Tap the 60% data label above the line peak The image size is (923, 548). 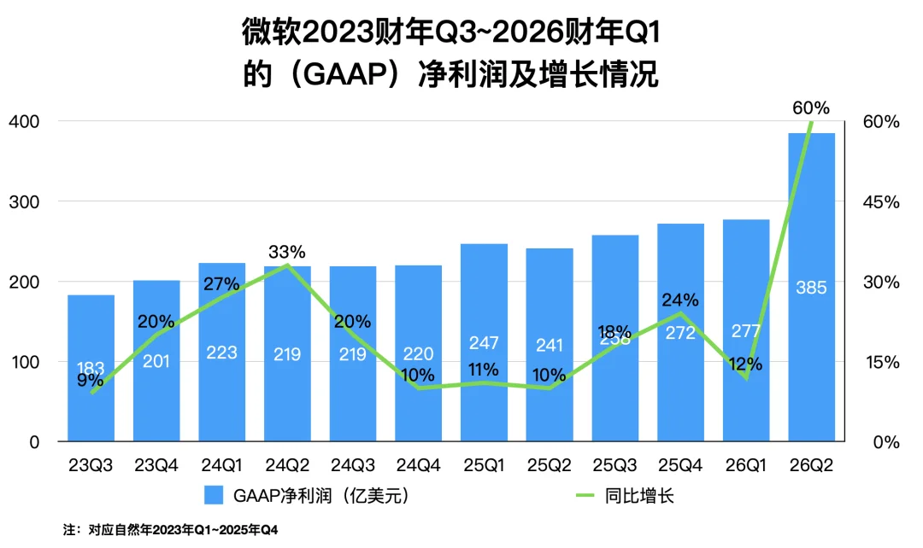[x=811, y=108]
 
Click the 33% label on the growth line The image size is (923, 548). [x=287, y=252]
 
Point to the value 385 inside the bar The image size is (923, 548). [x=811, y=288]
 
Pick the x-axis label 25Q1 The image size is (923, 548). [x=484, y=465]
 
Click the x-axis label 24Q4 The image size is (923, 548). [x=418, y=465]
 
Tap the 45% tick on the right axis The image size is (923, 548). [x=881, y=202]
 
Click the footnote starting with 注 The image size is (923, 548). [x=170, y=530]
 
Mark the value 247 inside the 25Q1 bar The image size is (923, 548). [x=484, y=342]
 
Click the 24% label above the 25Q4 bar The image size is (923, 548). [x=680, y=300]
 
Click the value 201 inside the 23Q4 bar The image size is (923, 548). [x=156, y=362]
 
